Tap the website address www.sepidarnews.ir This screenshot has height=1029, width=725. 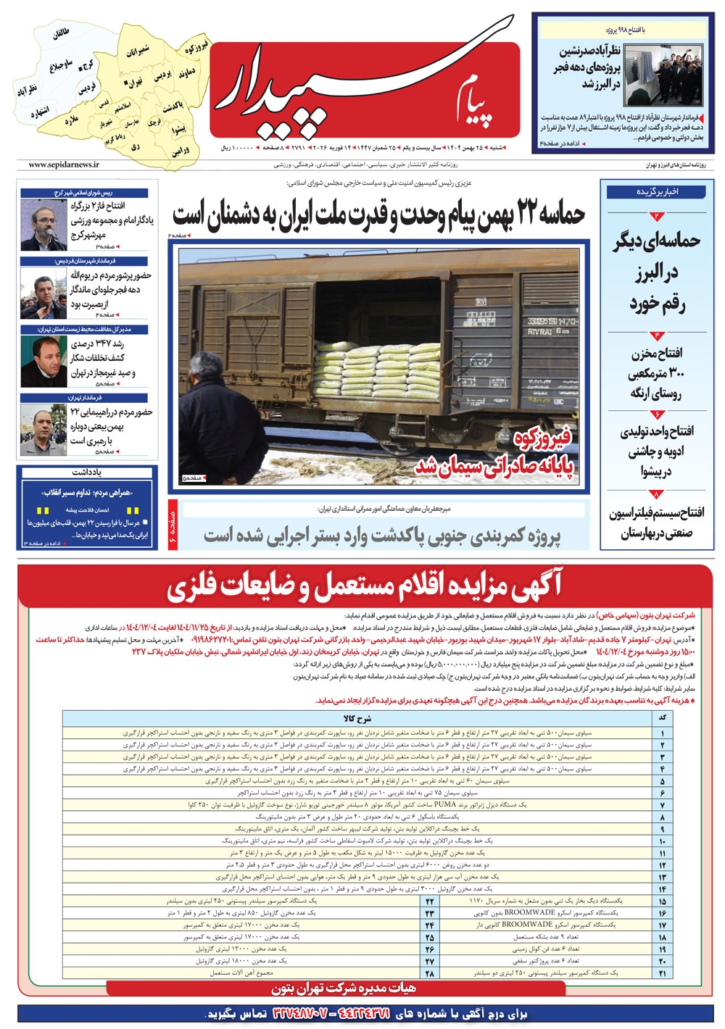tap(64, 165)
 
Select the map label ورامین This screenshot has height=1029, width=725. tap(181, 151)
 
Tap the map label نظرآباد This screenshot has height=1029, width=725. tap(27, 90)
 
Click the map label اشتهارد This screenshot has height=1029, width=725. tap(40, 112)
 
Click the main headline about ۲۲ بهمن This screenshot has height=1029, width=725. tap(378, 215)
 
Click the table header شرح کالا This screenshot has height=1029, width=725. tap(357, 718)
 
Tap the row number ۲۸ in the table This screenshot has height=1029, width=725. tap(430, 973)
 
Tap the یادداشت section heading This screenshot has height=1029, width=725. tap(86, 472)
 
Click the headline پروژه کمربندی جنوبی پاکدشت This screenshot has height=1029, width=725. tap(382, 536)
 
